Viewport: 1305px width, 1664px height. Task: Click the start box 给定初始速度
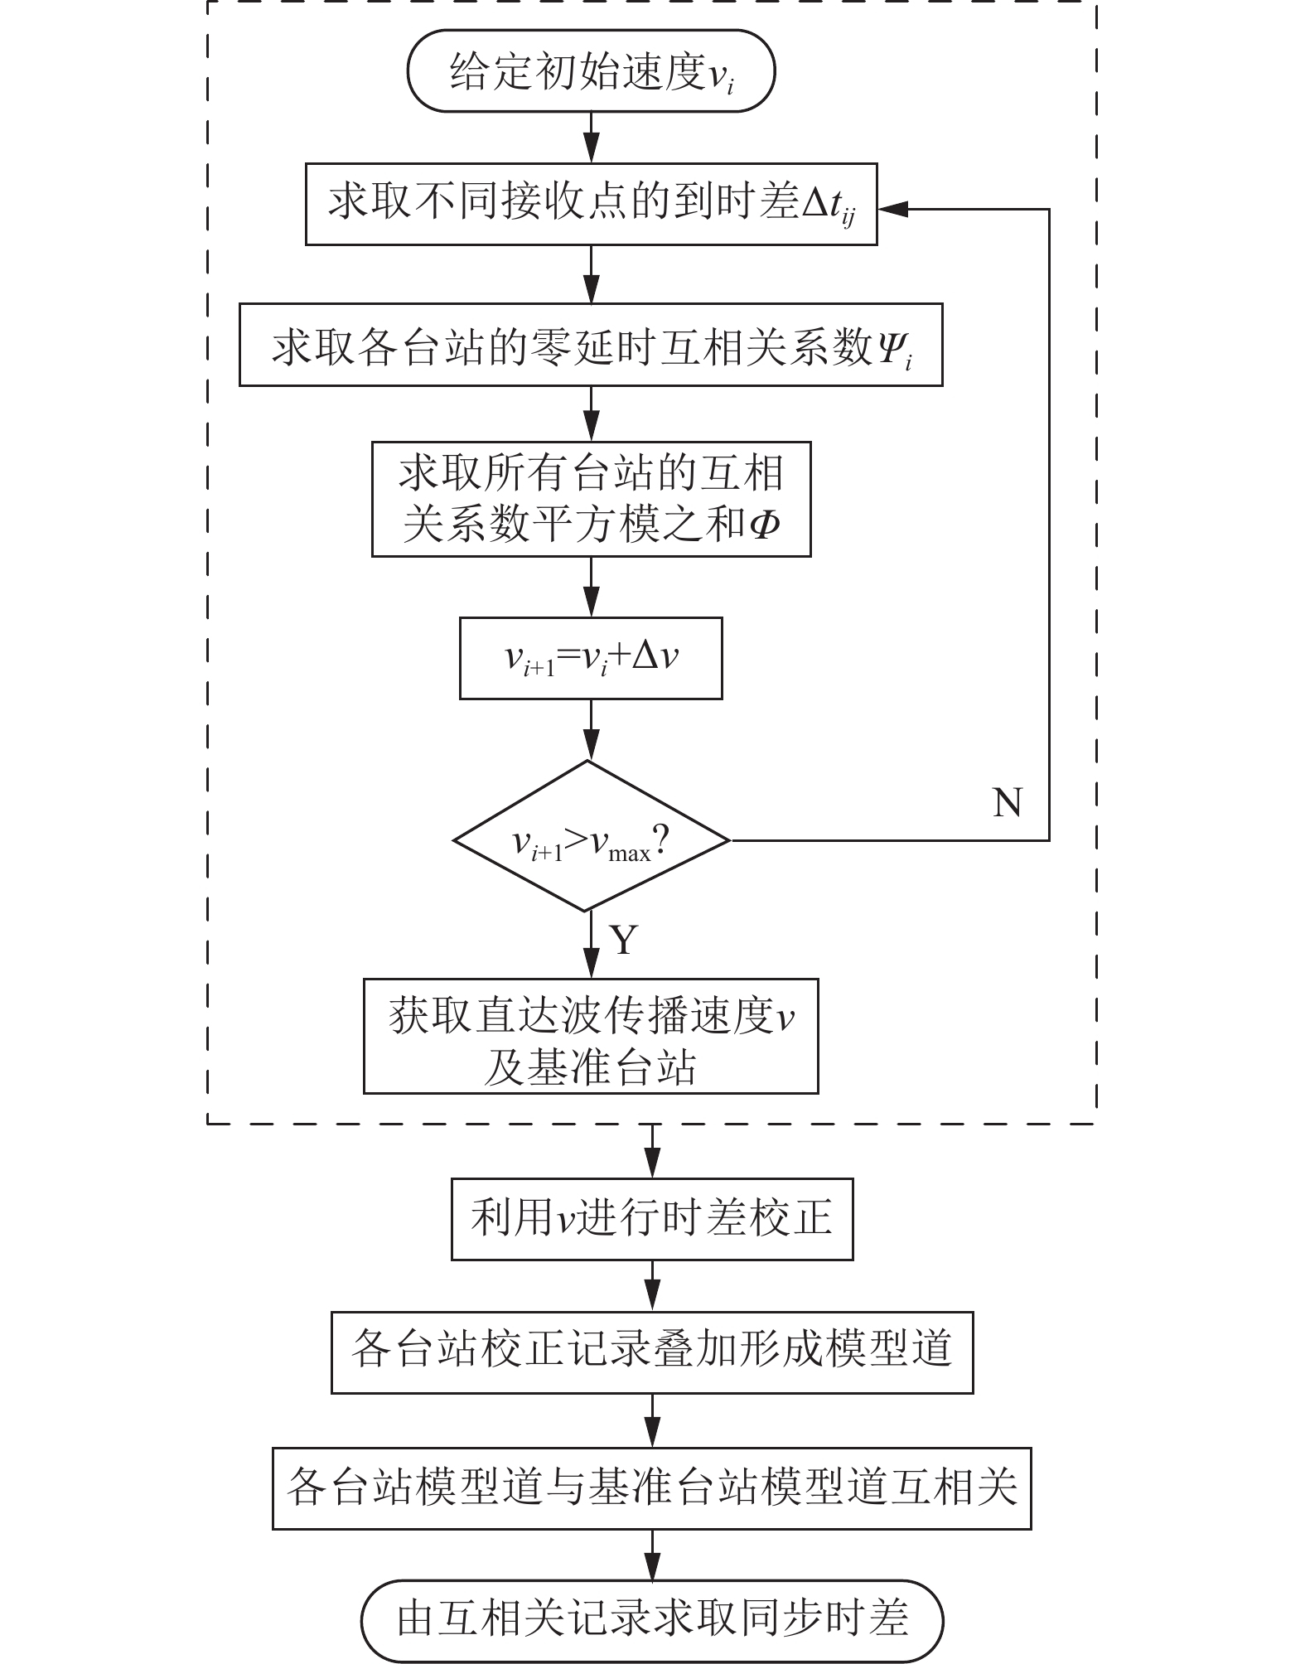coord(591,71)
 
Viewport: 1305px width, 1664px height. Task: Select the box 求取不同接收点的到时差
coord(591,204)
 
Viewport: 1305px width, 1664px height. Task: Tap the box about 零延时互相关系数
coord(591,345)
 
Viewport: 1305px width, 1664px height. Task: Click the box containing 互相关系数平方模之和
coord(591,499)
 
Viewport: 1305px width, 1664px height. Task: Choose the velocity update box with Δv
coord(591,658)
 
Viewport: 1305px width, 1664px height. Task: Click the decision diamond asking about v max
coord(591,839)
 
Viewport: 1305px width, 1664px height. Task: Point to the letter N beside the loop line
coord(1008,802)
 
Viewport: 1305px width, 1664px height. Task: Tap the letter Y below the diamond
coord(624,940)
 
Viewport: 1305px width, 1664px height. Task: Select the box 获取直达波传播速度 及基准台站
coord(591,1036)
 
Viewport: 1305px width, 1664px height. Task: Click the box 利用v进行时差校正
coord(652,1219)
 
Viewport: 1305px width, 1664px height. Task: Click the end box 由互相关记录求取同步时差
coord(652,1618)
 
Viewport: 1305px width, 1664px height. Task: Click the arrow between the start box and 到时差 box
coord(591,138)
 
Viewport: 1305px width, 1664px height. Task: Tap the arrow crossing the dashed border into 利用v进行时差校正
coord(653,1150)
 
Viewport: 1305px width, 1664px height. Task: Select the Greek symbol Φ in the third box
coord(763,525)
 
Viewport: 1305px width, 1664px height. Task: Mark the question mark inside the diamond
coord(661,842)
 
